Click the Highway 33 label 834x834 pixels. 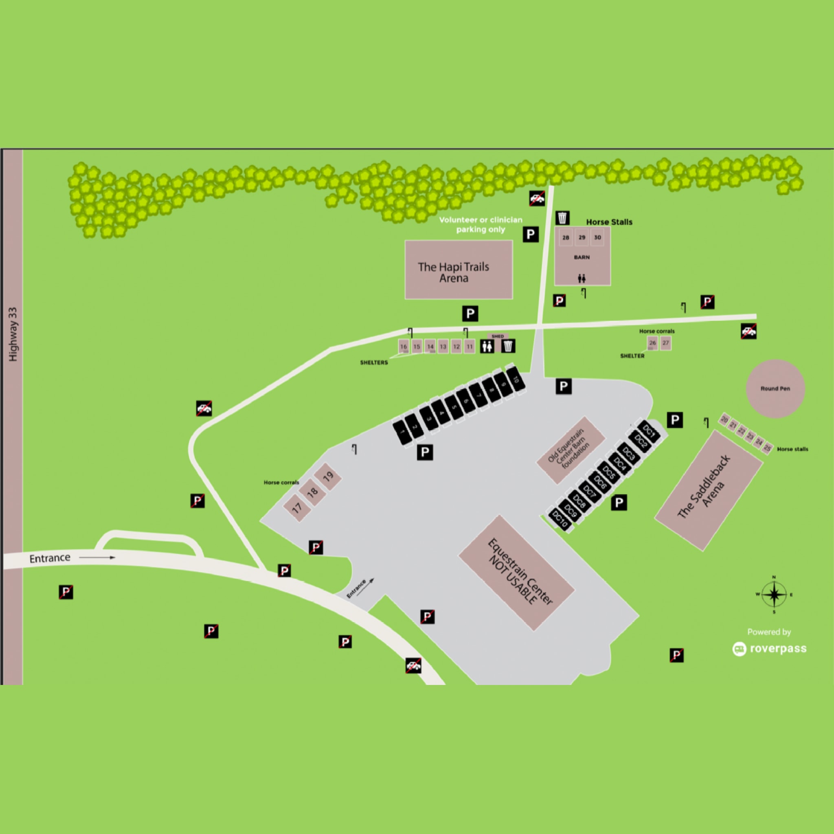point(13,335)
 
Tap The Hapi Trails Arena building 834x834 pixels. point(459,270)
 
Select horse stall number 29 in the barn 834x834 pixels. point(582,237)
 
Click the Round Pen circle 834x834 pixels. point(775,388)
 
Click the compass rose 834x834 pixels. point(774,595)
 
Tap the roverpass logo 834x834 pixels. point(769,649)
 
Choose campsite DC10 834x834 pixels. point(560,519)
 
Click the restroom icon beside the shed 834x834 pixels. point(487,346)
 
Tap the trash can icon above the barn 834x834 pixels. point(562,218)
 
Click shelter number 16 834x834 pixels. point(404,346)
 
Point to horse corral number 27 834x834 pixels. point(666,343)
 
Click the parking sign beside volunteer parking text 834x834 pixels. point(531,235)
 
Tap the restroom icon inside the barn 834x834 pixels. point(582,279)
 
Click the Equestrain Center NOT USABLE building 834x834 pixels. point(516,573)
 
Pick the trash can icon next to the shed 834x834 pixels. point(509,346)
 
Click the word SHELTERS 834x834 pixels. point(374,362)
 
